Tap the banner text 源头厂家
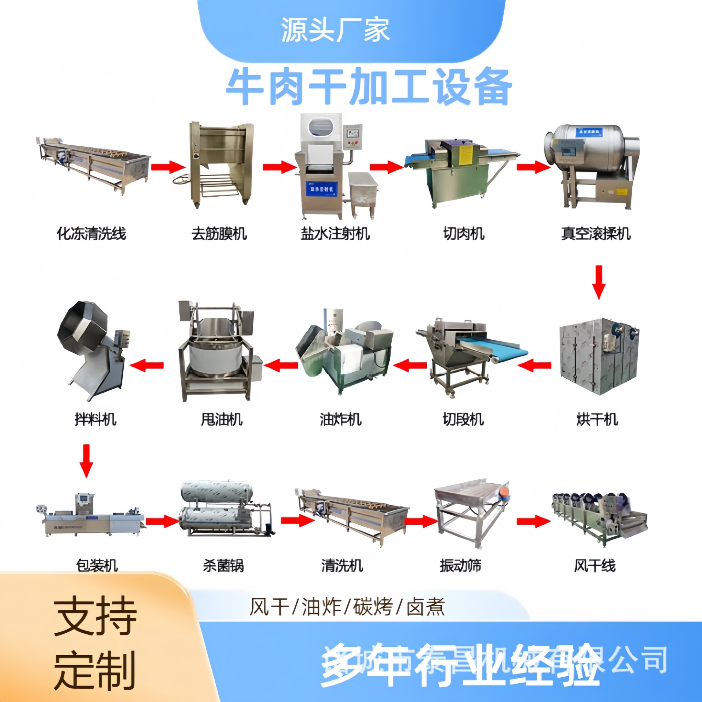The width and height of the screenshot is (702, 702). [335, 30]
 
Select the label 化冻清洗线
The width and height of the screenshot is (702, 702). [91, 233]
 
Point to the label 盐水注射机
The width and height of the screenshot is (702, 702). [335, 233]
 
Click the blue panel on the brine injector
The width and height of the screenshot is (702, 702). [321, 189]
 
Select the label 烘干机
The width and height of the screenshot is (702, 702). [597, 419]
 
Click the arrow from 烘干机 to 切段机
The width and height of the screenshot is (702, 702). [535, 365]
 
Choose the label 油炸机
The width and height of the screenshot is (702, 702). [340, 419]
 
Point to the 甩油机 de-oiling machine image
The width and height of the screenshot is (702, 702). [219, 351]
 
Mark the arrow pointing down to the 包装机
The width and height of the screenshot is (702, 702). [86, 461]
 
